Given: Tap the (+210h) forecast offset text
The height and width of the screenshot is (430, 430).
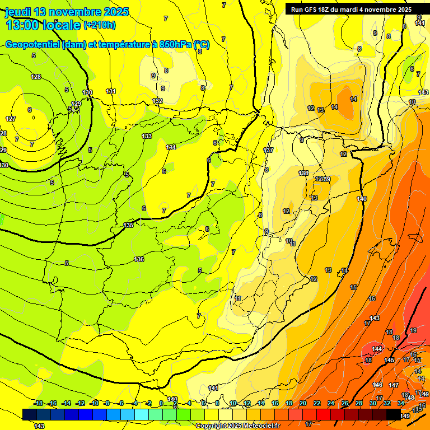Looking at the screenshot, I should pyautogui.click(x=100, y=25).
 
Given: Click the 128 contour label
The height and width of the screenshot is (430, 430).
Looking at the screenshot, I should pyautogui.click(x=36, y=77).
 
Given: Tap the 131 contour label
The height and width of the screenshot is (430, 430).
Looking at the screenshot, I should pyautogui.click(x=111, y=91).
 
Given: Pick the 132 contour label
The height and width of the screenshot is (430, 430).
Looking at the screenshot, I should pyautogui.click(x=158, y=101).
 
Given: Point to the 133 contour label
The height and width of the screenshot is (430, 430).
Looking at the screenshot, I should pyautogui.click(x=147, y=136).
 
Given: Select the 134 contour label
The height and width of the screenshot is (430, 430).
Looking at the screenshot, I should pyautogui.click(x=171, y=147).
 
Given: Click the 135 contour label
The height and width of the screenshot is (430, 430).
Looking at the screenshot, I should pyautogui.click(x=128, y=225).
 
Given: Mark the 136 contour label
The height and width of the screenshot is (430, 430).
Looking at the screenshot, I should pyautogui.click(x=139, y=259).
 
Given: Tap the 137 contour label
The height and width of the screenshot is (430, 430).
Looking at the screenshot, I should pyautogui.click(x=268, y=151).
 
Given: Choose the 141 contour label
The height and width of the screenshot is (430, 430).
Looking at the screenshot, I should pyautogui.click(x=213, y=388).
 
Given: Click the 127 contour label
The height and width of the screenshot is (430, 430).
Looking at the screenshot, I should pyautogui.click(x=11, y=119).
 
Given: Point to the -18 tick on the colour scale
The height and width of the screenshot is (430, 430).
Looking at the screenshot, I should pyautogui.click(x=39, y=403).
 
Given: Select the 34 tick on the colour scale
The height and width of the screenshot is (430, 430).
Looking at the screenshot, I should pyautogui.click(x=401, y=403).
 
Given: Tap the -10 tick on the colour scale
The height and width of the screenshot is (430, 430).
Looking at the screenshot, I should pyautogui.click(x=95, y=403).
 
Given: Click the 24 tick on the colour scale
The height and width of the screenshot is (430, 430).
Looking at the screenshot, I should pyautogui.click(x=331, y=403).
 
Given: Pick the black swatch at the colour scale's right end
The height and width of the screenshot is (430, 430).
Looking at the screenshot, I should pyautogui.click(x=394, y=414).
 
